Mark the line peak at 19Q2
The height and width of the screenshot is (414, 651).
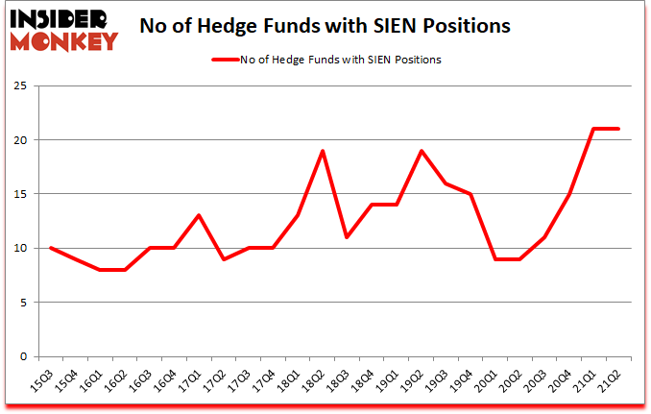click(x=421, y=151)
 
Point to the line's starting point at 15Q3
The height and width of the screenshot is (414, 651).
click(x=51, y=248)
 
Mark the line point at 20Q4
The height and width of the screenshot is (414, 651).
click(x=570, y=194)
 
